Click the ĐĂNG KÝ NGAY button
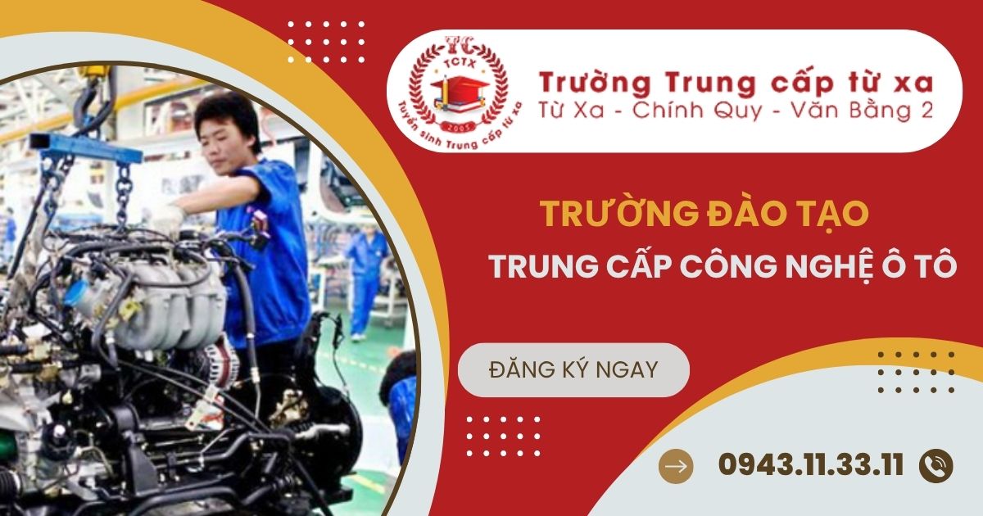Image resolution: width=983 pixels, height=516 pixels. [573, 370]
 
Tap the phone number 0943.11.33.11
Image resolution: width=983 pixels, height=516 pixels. [811, 465]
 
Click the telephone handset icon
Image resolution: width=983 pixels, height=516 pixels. [936, 465]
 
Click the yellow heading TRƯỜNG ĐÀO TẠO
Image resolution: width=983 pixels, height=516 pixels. [704, 215]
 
